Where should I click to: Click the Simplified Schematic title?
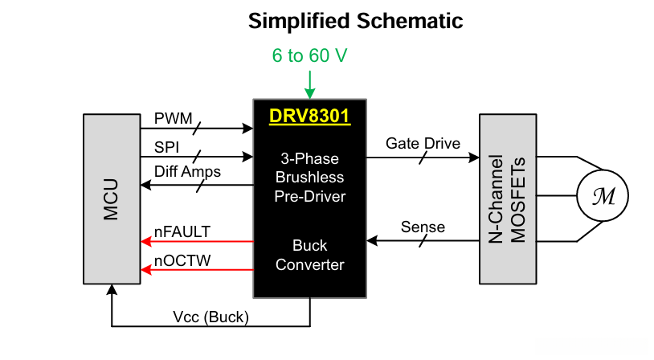(355, 21)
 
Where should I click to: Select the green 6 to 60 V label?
(310, 56)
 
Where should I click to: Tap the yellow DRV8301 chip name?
(310, 116)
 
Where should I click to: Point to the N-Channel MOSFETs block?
(507, 198)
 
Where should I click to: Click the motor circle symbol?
(603, 195)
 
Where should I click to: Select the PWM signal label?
(173, 119)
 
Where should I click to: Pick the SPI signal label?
(167, 148)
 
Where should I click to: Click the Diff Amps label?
(187, 170)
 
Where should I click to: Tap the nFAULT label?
(182, 231)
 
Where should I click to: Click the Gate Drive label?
(423, 144)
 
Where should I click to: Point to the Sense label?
(423, 227)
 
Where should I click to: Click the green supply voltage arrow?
(310, 83)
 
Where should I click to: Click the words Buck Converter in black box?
(310, 255)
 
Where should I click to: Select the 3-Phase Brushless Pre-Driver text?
(310, 177)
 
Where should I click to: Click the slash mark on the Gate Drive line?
(423, 157)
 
